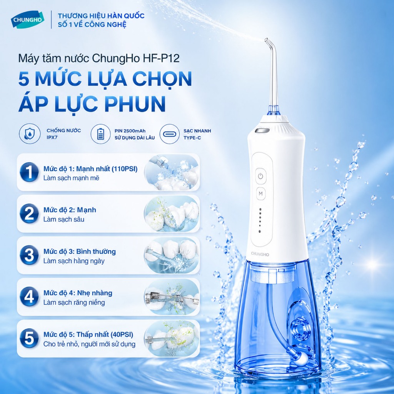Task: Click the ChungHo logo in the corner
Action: click(x=27, y=20)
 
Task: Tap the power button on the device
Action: click(x=260, y=176)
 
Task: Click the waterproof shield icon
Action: click(x=30, y=134)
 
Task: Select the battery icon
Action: click(x=100, y=134)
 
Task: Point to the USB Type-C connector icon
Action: click(x=170, y=134)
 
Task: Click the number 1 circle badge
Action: click(x=29, y=172)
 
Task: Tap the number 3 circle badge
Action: click(x=29, y=255)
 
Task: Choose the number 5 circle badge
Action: click(x=29, y=338)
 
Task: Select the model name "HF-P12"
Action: click(x=161, y=58)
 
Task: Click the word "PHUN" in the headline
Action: click(x=135, y=104)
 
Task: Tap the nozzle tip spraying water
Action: click(x=266, y=40)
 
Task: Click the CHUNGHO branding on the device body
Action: click(x=260, y=254)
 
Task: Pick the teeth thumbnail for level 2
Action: click(x=172, y=214)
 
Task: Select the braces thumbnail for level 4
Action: click(x=172, y=297)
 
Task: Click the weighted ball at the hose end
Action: click(x=303, y=358)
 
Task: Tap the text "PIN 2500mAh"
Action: click(x=130, y=131)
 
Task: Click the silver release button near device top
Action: click(x=262, y=131)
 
